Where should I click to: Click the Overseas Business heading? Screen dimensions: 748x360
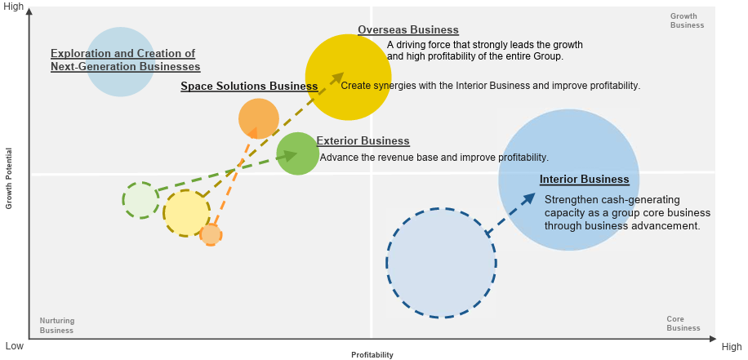[408, 29]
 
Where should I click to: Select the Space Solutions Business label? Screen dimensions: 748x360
[249, 87]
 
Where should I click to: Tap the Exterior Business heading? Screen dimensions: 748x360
[363, 140]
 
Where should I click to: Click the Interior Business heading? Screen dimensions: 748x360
[585, 180]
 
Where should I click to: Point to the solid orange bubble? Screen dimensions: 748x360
[259, 118]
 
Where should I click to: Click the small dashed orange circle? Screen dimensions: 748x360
[211, 234]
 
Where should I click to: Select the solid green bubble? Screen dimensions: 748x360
[298, 153]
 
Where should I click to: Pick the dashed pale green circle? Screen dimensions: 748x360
[140, 200]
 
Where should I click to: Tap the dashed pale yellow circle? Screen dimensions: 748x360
[186, 213]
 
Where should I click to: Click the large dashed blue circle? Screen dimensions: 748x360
[441, 263]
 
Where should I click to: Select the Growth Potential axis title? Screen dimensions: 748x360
[9, 178]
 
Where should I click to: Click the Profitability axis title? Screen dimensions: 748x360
[372, 355]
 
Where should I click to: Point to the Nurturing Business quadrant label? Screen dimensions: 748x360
[57, 325]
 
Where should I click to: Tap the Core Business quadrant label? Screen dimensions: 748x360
[683, 323]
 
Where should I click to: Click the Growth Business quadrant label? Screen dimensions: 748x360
[687, 20]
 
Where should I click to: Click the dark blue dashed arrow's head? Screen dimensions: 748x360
[528, 198]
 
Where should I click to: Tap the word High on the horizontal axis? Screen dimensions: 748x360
[732, 347]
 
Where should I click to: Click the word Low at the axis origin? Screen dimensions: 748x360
[14, 346]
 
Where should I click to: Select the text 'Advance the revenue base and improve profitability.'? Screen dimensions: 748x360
[434, 157]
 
